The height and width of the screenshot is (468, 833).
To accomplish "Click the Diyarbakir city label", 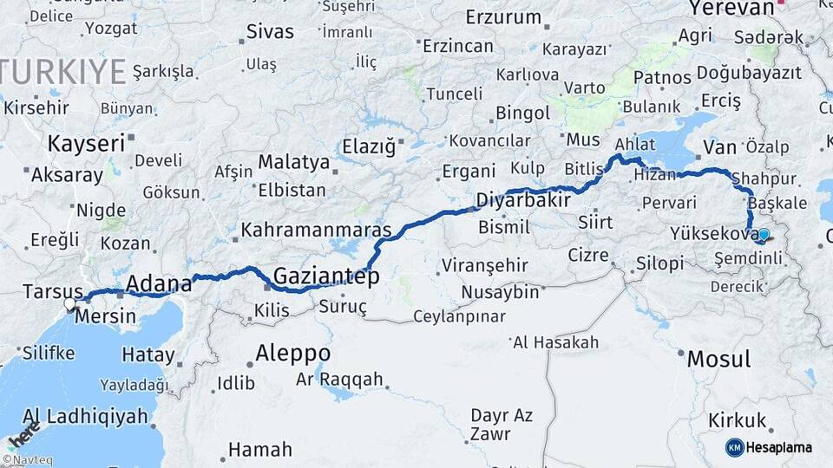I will [522, 201].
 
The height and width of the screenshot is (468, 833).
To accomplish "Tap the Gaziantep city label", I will [326, 277].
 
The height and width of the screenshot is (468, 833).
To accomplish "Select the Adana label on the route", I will [159, 283].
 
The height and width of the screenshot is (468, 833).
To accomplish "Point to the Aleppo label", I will [293, 354].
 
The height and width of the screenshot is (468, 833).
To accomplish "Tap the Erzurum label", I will [503, 16].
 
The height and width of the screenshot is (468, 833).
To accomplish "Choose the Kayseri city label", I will [86, 143].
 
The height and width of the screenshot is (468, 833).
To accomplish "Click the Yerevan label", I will [731, 8].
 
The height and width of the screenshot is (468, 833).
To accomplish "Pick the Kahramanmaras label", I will [317, 231].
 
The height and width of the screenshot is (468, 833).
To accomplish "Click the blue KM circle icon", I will [734, 447].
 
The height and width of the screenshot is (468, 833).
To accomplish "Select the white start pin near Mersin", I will [70, 304].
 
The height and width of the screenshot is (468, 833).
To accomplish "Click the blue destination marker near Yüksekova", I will [763, 234].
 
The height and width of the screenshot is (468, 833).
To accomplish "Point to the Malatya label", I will [294, 162].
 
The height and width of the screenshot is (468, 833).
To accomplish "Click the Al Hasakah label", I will [555, 342].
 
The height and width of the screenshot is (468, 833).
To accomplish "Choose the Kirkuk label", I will [738, 421].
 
